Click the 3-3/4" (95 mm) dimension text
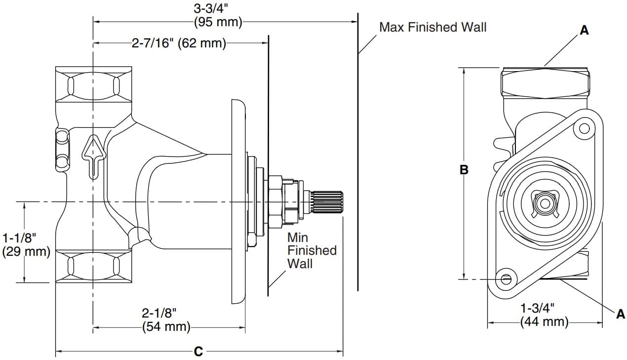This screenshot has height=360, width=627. tap(217, 16)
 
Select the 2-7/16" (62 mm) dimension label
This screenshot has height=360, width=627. tap(178, 43)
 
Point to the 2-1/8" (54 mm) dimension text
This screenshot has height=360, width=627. tap(166, 320)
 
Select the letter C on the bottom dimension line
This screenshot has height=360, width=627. tap(198, 352)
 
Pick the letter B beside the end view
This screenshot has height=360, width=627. tap(464, 170)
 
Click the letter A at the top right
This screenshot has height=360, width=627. tap(584, 31)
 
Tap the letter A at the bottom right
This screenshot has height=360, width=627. tap(621, 314)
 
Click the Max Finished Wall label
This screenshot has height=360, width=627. tap(432, 27)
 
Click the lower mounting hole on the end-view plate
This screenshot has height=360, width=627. tap(506, 280)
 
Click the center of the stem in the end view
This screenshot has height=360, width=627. tap(545, 203)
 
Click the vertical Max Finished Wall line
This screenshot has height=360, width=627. tap(357, 148)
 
